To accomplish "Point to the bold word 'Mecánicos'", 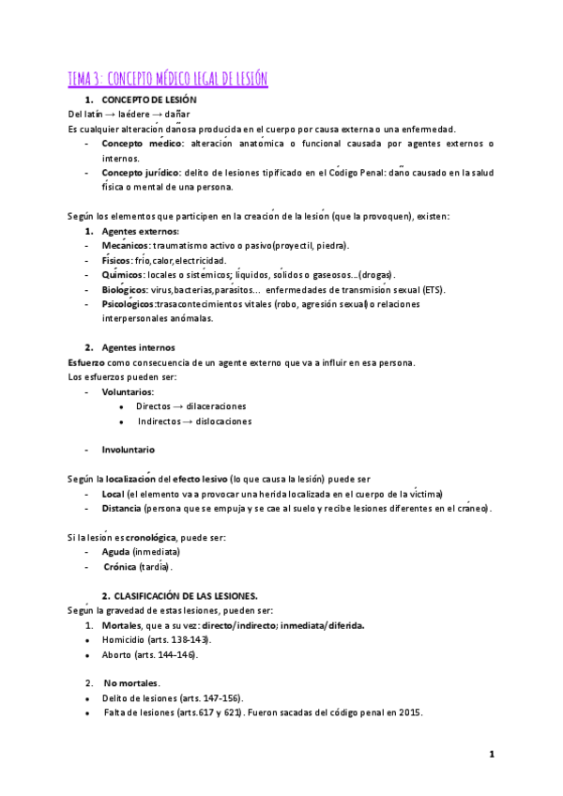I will (126, 246).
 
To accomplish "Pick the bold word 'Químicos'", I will (123, 275).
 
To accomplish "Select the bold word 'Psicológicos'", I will (129, 304).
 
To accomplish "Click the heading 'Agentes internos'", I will (138, 347).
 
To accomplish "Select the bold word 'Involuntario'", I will (129, 450).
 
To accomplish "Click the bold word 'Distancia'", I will (121, 508).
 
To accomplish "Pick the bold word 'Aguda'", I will (115, 552).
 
